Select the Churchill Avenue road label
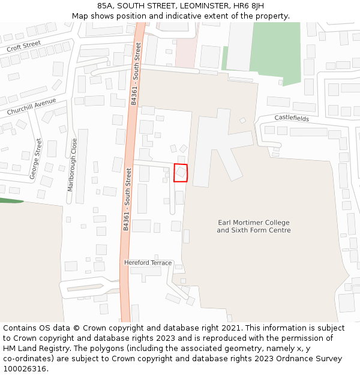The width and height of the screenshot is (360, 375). point(31,107)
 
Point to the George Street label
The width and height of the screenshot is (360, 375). point(35,159)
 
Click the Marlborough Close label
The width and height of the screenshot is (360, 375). point(72,165)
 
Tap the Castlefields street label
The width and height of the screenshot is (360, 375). point(292,118)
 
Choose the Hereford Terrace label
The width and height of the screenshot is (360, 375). point(148,263)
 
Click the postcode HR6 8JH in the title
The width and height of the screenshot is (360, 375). point(246,6)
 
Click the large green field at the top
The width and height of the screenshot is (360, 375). point(275,51)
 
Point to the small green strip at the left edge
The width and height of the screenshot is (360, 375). point(11,200)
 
